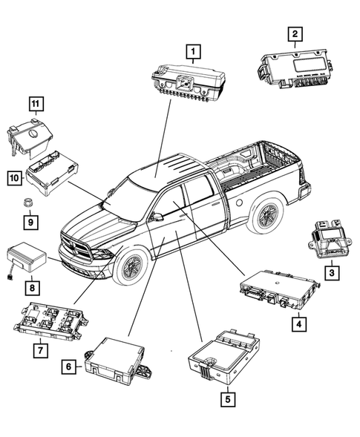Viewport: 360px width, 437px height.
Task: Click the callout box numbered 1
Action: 194,51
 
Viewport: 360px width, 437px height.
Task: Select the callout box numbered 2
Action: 295,33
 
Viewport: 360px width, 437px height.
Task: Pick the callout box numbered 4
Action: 297,323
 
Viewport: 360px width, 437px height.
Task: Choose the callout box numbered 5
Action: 226,399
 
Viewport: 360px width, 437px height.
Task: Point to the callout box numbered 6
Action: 68,366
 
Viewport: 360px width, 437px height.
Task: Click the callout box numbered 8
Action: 32,286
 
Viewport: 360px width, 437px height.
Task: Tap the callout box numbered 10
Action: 14,177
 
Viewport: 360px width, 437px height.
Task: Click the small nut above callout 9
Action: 29,202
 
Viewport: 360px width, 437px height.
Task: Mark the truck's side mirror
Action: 157,217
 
